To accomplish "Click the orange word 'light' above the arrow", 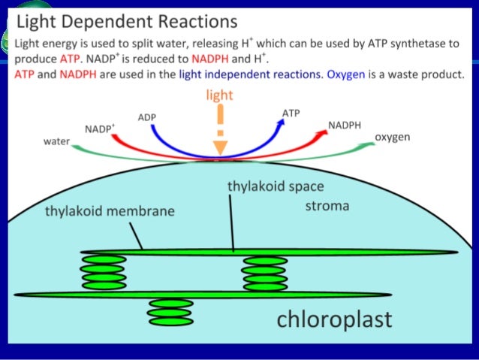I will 219,95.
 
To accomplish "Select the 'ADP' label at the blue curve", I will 147,117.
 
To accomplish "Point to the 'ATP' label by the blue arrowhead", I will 291,113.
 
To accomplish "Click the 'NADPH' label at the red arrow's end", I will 345,123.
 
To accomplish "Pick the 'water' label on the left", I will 55,141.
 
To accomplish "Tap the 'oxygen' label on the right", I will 392,138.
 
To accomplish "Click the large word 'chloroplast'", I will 335,319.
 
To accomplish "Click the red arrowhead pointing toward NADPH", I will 323,132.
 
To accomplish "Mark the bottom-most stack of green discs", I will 171,312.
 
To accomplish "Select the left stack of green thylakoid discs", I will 103,272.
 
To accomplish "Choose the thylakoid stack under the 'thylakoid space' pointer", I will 264,272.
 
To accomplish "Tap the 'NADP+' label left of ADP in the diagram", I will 100,129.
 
